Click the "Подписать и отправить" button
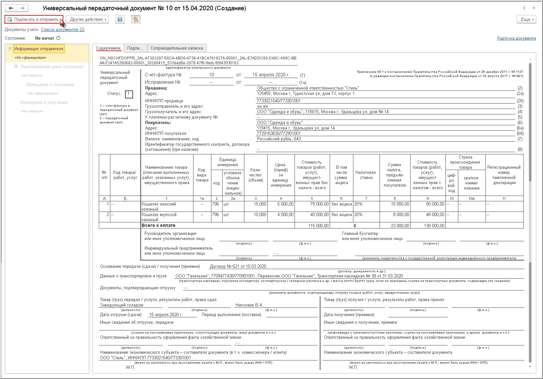coord(34,19)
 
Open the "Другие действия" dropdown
coord(87,19)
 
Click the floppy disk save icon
coord(120,19)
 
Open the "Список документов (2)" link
coord(62,30)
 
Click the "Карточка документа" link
coord(516,38)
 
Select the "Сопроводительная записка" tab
coord(177,48)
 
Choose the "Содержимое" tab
coord(108,48)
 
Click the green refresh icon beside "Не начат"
coord(58,38)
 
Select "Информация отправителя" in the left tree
coord(39,49)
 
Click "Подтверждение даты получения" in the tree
coord(51,67)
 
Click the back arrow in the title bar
coord(11,8)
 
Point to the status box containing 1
coord(129,94)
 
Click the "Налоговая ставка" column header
coord(366,175)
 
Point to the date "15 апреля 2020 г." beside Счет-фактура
coord(271,75)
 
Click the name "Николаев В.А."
coord(249,305)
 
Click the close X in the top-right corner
coord(534,8)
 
